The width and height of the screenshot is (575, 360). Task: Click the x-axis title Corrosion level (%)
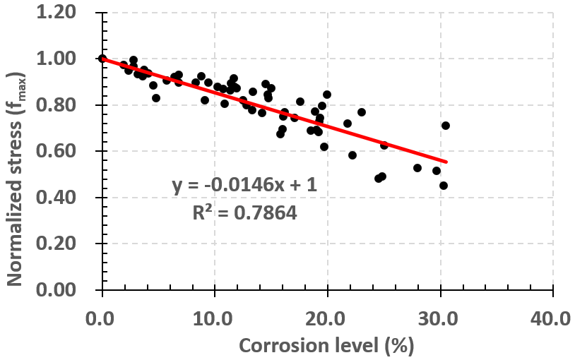pyautogui.click(x=326, y=345)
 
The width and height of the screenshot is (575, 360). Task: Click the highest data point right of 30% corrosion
pyautogui.click(x=446, y=126)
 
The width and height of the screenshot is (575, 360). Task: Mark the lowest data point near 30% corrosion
pyautogui.click(x=444, y=186)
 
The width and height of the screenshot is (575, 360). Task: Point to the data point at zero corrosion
pyautogui.click(x=102, y=59)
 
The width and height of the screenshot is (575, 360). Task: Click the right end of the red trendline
pyautogui.click(x=446, y=162)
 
